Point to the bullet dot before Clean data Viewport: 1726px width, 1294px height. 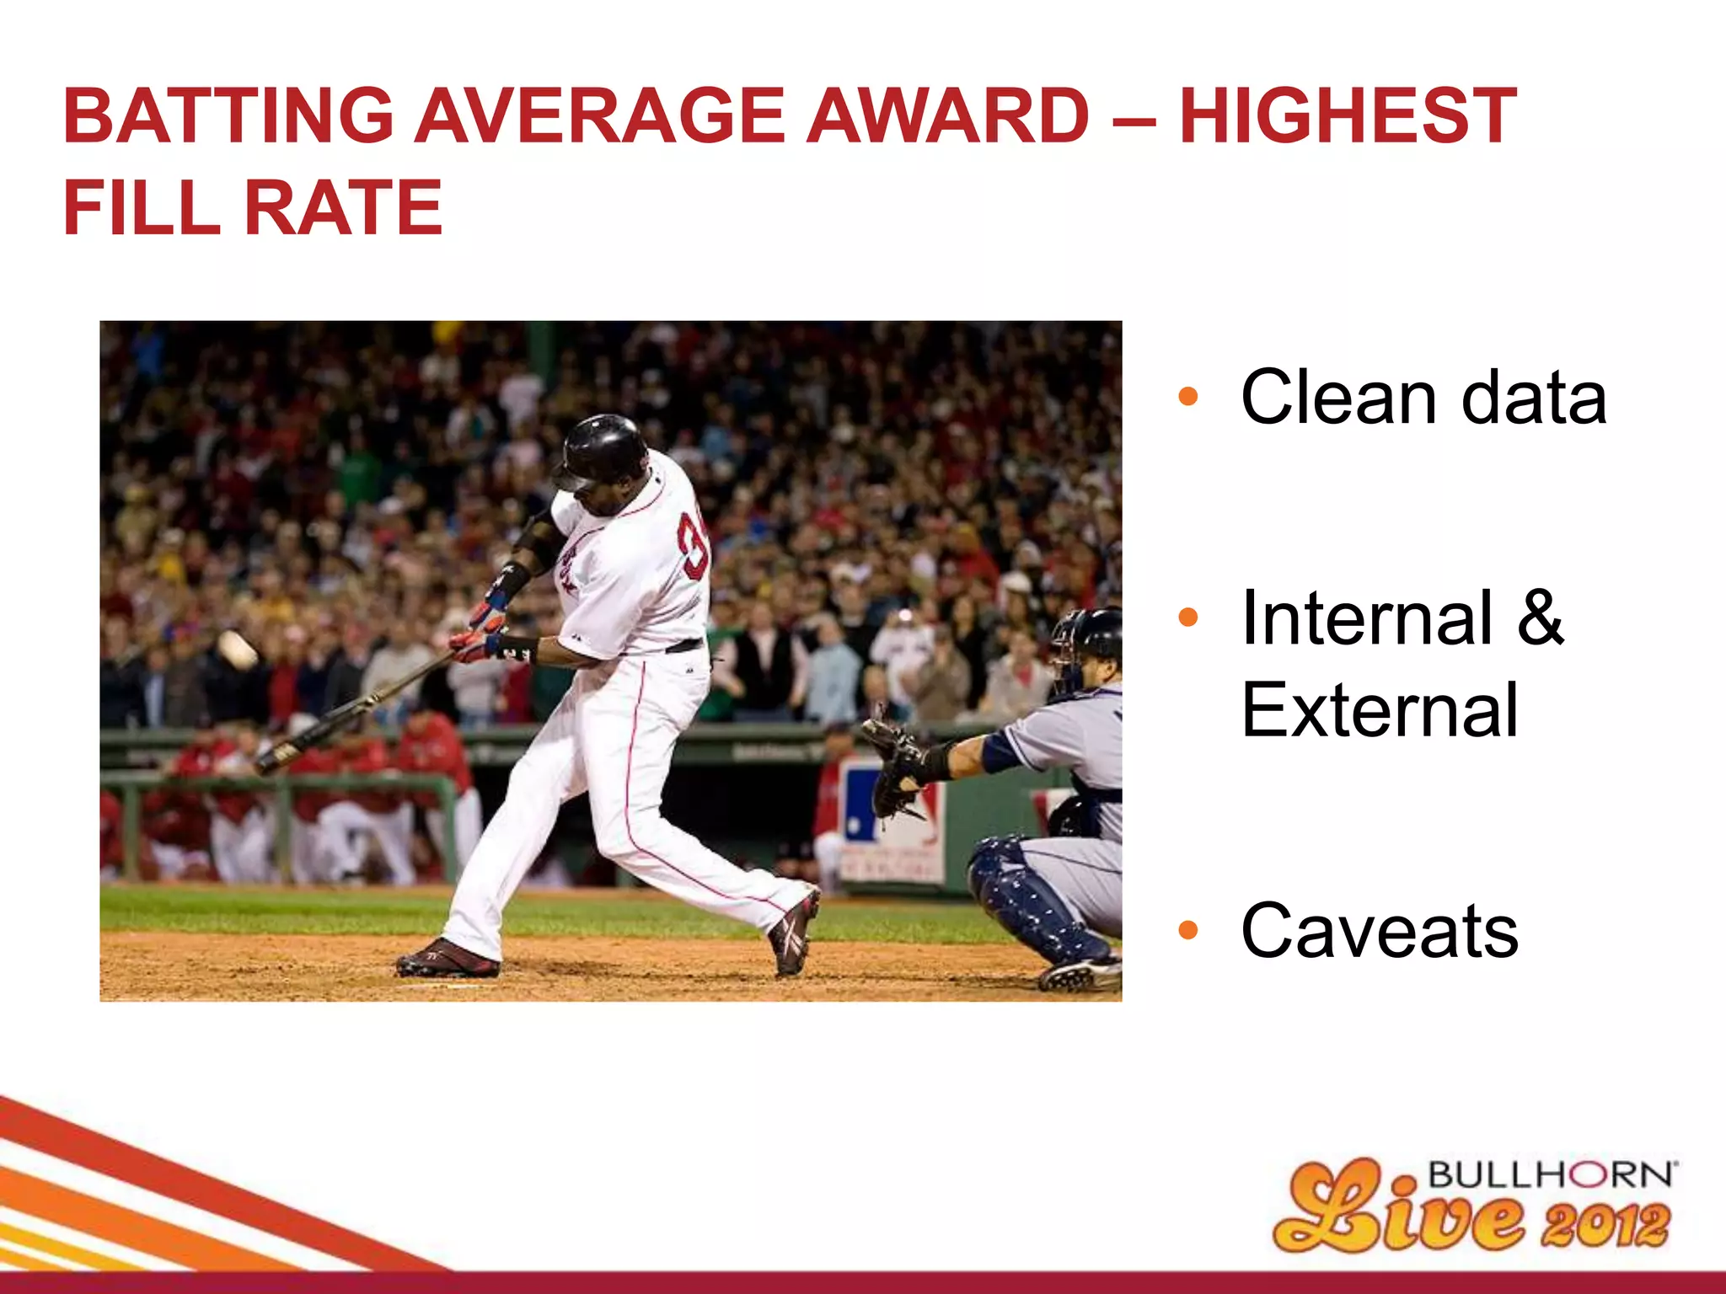[x=1187, y=396]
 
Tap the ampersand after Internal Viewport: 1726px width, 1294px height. [x=1540, y=618]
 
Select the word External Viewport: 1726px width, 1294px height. [x=1380, y=710]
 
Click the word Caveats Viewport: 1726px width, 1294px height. [x=1380, y=931]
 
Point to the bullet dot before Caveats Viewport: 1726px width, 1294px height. [x=1187, y=930]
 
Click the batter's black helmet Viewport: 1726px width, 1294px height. [x=603, y=449]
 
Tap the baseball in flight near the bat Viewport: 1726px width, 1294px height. [x=238, y=650]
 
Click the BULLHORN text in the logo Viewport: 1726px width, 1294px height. [x=1549, y=1174]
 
